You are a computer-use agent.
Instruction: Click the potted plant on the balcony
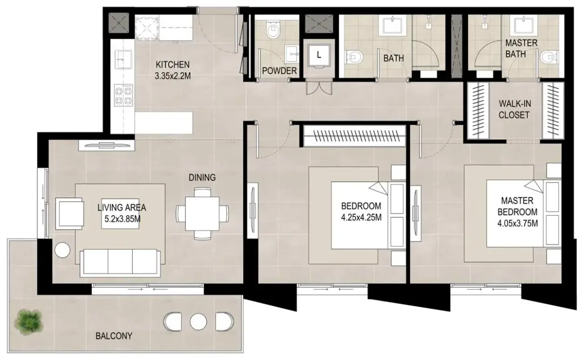tap(28, 322)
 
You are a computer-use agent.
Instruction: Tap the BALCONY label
tap(114, 336)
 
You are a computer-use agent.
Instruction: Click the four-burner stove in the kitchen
tap(123, 95)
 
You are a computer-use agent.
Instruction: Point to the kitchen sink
tap(123, 60)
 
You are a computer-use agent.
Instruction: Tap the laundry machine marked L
tap(319, 55)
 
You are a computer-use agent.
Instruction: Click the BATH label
tap(394, 58)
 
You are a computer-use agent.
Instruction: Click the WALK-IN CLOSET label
tap(514, 110)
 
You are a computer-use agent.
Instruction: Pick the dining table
tap(202, 214)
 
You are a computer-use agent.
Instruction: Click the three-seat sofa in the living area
tap(120, 263)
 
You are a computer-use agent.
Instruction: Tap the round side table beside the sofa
tap(62, 250)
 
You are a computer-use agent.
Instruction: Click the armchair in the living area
tap(69, 214)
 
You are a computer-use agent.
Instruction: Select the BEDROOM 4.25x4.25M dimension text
tap(361, 212)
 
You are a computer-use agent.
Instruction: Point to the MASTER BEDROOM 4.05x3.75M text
tap(518, 212)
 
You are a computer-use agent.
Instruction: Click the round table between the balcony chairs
tap(198, 322)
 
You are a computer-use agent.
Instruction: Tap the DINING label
tap(202, 178)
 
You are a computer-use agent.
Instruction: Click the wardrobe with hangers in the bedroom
tap(355, 136)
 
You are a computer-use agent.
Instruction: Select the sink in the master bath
tap(521, 25)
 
